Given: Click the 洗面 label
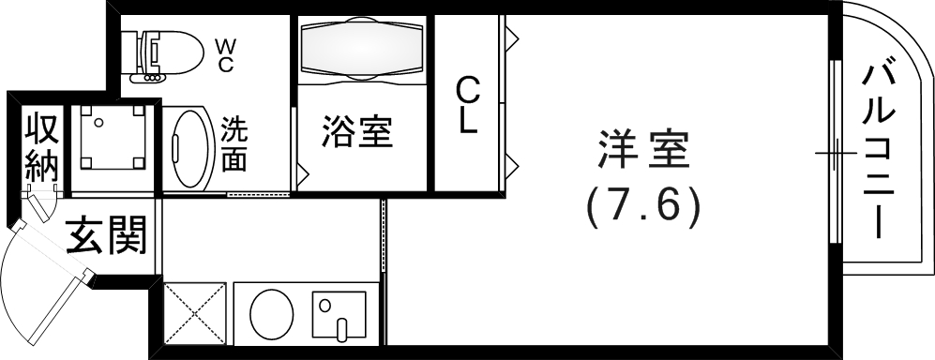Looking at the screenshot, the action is coord(234,143).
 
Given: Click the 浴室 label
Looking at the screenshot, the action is coord(356,132).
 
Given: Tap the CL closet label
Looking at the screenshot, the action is coord(468,105).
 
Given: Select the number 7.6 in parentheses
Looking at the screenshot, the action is coord(643,206).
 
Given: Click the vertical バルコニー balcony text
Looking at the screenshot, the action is coord(879,147).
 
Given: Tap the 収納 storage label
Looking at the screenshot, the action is coord(41,147).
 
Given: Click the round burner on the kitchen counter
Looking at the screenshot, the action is coord(272,311).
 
